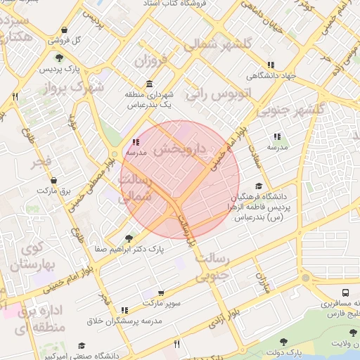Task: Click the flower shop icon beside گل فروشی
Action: click(x=65, y=30)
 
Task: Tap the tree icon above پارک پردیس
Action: click(x=58, y=58)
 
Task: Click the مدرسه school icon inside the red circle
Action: click(x=136, y=142)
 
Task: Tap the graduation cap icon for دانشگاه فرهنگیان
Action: click(x=259, y=186)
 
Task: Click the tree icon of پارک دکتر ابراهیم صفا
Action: click(x=128, y=238)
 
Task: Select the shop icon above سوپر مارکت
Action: click(x=161, y=293)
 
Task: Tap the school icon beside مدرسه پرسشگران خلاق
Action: click(x=124, y=310)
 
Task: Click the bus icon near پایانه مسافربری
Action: click(x=345, y=293)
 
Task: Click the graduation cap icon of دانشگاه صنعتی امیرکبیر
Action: click(x=82, y=346)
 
